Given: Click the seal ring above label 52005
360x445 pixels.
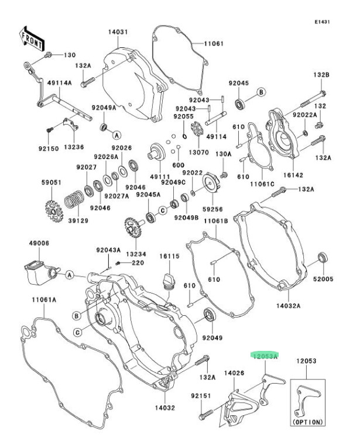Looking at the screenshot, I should [x=322, y=259].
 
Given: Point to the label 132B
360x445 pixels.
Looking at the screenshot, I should [x=321, y=75].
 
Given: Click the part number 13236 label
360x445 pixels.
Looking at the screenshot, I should [x=73, y=148].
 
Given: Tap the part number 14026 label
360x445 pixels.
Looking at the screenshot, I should [x=234, y=372].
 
